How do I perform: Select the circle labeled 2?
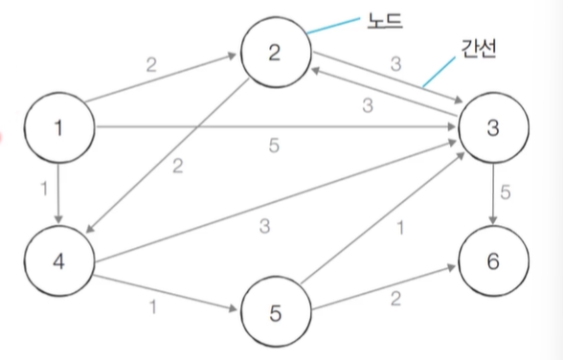[275, 54]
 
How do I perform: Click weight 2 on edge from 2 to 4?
[177, 168]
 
